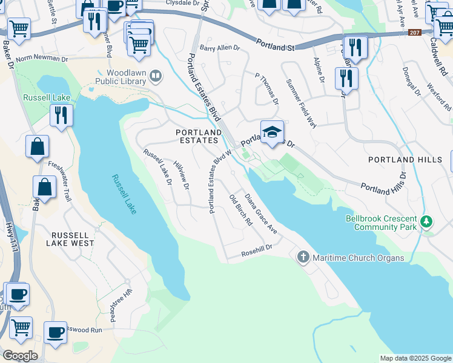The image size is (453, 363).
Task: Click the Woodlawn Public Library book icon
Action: click(x=156, y=76)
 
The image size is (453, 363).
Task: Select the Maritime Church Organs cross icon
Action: click(x=303, y=258)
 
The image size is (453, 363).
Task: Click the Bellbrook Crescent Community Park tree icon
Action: click(x=427, y=221)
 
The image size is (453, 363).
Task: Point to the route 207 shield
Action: click(x=414, y=33)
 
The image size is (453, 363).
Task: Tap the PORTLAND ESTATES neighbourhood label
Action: click(x=198, y=136)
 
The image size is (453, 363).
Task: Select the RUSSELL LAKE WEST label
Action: click(x=72, y=238)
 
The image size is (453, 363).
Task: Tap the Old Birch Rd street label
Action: click(x=240, y=210)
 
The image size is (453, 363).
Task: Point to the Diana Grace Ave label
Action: click(x=260, y=214)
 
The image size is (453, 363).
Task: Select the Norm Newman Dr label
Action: click(x=42, y=59)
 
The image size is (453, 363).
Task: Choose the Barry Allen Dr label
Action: click(x=220, y=48)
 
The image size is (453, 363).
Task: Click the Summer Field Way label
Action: click(x=301, y=103)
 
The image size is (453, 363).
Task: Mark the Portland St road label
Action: click(x=274, y=45)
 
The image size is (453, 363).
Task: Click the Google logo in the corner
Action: click(x=20, y=356)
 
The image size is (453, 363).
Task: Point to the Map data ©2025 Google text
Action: click(x=415, y=358)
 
